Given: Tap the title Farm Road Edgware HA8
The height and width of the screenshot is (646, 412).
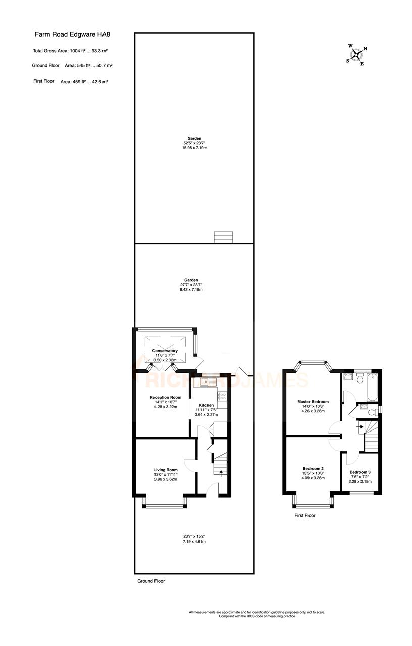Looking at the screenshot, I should pos(72,35).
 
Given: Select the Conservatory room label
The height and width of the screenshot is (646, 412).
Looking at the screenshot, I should pos(165,351).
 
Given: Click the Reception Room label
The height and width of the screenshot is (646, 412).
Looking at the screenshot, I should pos(165,398).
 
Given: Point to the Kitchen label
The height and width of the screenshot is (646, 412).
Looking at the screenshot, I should pos(206,405).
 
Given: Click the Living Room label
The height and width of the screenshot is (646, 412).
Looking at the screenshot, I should pos(166,470).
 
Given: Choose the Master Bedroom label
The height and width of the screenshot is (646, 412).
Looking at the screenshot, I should pos(313,402).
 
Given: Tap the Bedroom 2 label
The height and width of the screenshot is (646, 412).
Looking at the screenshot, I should pos(313,468).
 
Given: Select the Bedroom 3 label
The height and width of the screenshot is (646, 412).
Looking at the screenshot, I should pos(360,472).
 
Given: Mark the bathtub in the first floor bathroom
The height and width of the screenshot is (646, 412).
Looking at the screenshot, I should pos(372,387).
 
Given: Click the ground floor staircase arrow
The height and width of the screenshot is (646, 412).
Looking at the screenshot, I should pos(221,472).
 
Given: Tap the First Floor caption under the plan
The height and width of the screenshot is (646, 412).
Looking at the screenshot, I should pos(305,516).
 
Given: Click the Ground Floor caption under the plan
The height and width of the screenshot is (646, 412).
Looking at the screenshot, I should pos(151,581).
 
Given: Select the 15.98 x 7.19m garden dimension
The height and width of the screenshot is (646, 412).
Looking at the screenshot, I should pos(194,148).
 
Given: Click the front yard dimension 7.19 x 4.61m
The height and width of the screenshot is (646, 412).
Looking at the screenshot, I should pos(194,541).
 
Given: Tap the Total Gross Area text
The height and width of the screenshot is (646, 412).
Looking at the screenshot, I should pos(71,51).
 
